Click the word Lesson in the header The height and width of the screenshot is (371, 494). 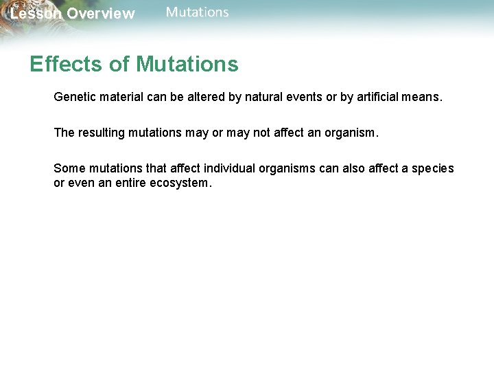click(35, 14)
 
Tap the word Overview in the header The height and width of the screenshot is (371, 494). click(101, 14)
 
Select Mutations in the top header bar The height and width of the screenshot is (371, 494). click(198, 12)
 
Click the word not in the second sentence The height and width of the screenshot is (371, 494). click(262, 133)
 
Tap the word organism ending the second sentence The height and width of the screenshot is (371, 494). click(349, 133)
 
